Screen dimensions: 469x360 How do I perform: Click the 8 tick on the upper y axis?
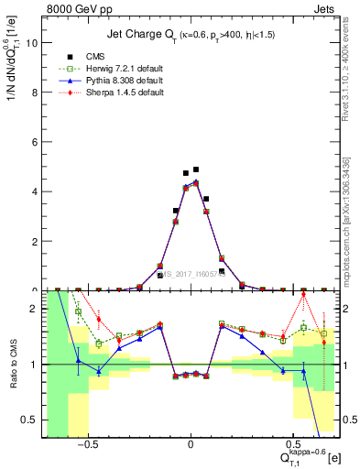point(36,92)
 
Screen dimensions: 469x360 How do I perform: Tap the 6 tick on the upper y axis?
point(36,141)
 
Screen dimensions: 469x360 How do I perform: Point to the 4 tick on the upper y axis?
point(36,191)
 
